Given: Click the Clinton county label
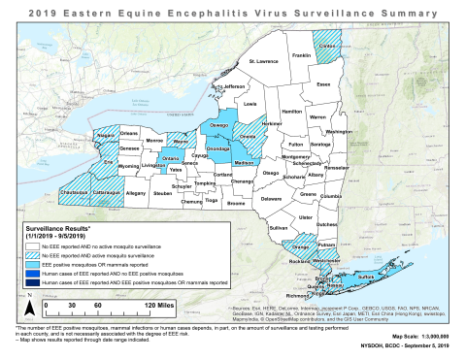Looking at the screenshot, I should pyautogui.click(x=328, y=45).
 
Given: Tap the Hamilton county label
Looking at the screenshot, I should pyautogui.click(x=291, y=112).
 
